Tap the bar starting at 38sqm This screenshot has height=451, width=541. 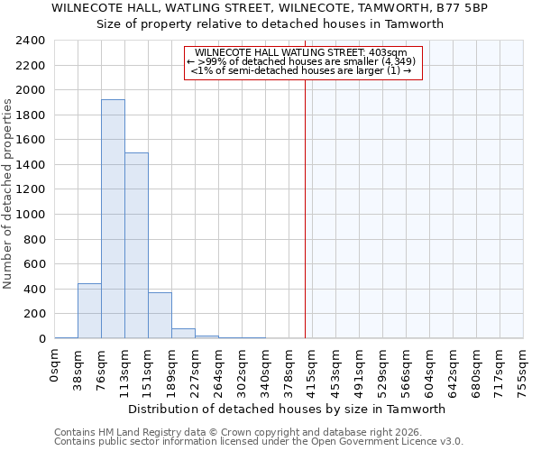click(89, 311)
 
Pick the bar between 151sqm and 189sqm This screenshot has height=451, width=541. click(160, 316)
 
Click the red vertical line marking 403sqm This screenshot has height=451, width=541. click(305, 225)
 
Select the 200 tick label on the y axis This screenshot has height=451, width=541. click(34, 314)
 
